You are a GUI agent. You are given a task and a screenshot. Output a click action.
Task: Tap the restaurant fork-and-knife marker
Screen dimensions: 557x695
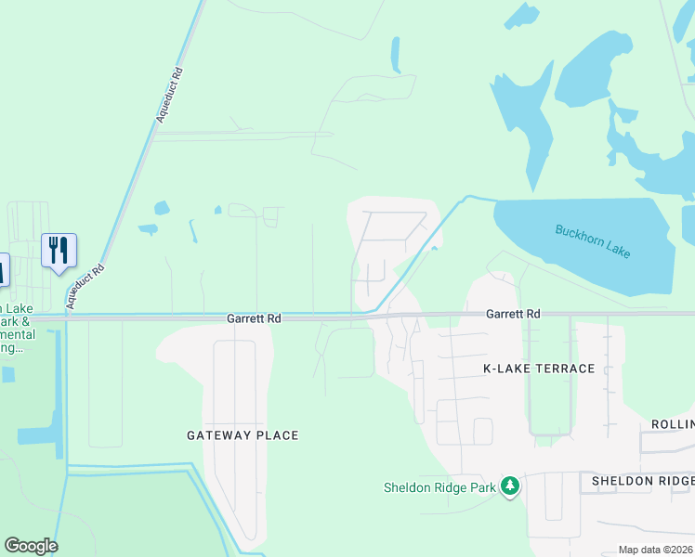coord(59,249)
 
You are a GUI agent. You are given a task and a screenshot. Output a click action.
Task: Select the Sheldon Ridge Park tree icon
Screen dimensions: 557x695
coord(509,486)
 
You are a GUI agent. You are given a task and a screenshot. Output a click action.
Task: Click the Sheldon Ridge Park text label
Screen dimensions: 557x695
coord(440,487)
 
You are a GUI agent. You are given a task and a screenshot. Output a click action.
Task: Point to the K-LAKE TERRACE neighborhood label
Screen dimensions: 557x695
coord(539,369)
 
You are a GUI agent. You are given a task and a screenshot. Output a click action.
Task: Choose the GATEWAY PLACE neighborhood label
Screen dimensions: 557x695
coord(243,435)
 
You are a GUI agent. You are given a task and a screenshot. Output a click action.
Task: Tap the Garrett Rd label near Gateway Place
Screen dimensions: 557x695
coord(254,318)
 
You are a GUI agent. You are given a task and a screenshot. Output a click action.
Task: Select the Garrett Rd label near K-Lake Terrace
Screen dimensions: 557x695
coord(513,315)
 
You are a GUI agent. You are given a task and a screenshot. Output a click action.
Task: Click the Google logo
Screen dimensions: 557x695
coord(31,546)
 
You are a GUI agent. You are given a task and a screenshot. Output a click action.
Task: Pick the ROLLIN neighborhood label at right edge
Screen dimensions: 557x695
coord(667,424)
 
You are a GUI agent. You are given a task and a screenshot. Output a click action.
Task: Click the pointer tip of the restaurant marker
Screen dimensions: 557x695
coord(59,273)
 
